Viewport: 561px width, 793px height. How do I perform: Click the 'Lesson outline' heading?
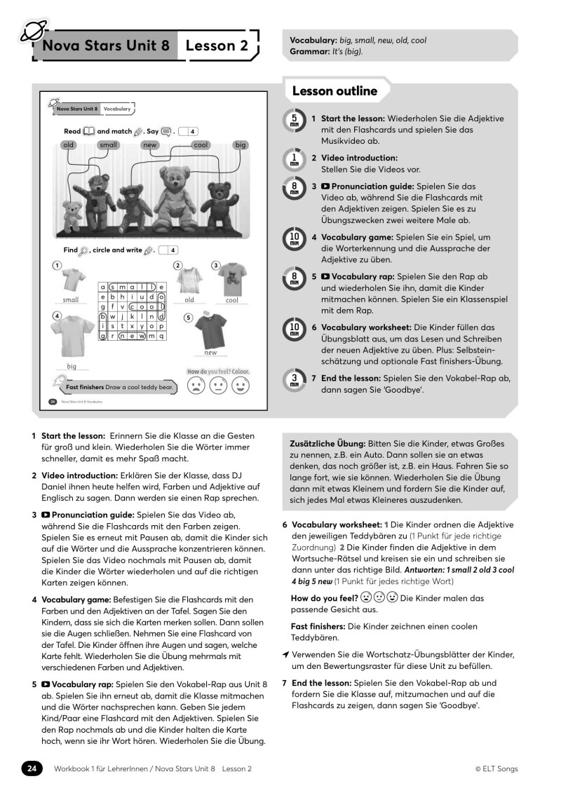pos(334,91)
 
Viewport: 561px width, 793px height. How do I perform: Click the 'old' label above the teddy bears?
pos(68,145)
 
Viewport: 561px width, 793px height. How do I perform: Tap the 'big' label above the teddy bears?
pos(241,145)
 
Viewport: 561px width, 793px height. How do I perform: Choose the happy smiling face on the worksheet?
pos(241,386)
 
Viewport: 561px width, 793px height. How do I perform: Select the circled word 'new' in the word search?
pos(133,335)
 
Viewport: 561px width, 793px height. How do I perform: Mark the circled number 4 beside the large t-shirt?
pos(56,316)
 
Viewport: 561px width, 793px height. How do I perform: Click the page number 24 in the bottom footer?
pos(32,768)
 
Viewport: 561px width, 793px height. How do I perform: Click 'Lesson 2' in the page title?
pos(217,46)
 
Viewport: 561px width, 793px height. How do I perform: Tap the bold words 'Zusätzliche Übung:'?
pos(327,444)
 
